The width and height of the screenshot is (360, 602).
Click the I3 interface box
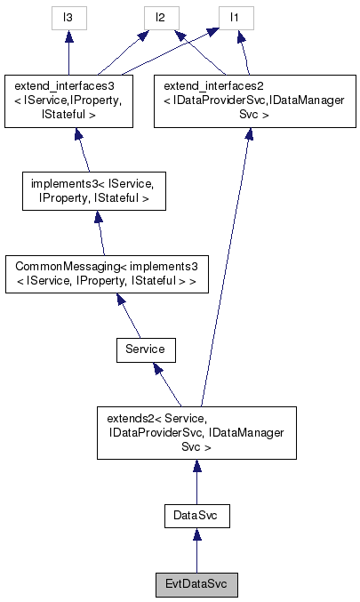coord(68,17)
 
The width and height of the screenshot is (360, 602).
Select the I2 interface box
coord(161,17)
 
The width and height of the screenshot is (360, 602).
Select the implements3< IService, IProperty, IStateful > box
coord(92,192)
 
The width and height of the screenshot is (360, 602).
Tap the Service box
coord(145,349)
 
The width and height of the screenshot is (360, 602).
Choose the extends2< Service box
coord(196,432)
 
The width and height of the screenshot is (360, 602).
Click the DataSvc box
coord(196,515)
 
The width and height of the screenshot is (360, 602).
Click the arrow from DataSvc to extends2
coord(196,486)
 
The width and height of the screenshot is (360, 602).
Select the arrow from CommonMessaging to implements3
coord(100,237)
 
